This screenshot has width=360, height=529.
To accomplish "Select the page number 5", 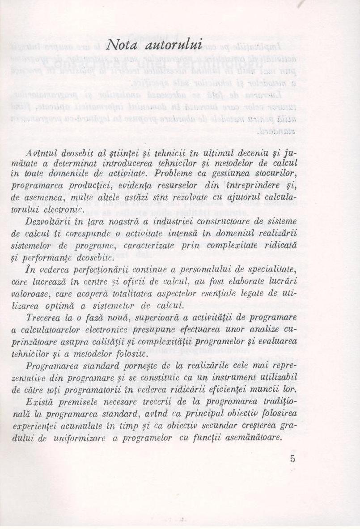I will click(292, 459).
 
